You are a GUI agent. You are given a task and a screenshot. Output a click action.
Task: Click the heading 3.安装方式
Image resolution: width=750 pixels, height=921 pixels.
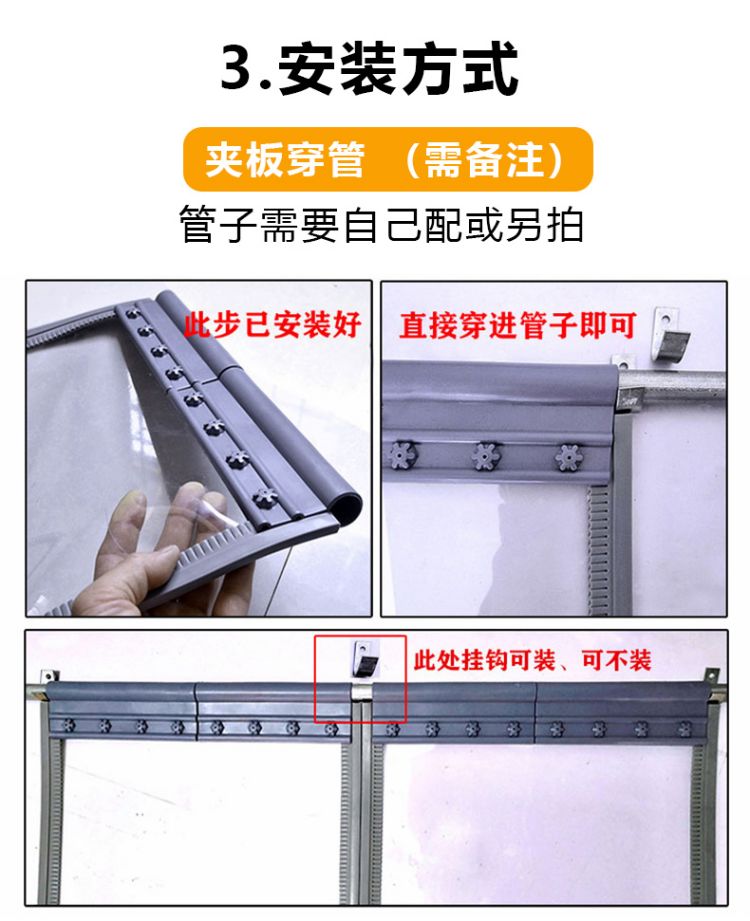369,68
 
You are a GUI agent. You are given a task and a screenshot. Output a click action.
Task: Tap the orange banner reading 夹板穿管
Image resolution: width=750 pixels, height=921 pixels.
388,159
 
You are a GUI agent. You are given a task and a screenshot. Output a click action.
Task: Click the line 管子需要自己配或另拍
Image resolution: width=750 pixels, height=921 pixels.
381,224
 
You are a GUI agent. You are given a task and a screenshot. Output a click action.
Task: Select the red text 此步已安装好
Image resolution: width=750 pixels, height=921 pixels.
273,325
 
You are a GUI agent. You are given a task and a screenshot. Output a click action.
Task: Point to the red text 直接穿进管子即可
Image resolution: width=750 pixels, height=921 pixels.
518,325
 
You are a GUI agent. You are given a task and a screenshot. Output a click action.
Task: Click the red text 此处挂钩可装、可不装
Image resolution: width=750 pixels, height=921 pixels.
533,660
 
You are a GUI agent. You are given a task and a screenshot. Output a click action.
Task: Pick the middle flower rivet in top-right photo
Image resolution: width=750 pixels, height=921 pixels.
485,456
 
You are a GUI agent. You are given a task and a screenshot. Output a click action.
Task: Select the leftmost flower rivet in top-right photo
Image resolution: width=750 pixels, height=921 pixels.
403,455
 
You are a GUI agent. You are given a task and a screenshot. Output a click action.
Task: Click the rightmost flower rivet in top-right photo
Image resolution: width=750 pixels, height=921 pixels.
569,457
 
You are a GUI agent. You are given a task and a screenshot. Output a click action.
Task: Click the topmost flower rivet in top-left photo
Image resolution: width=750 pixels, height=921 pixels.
133,312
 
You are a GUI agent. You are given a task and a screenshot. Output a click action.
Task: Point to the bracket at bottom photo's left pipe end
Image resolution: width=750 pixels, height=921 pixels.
46,684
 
